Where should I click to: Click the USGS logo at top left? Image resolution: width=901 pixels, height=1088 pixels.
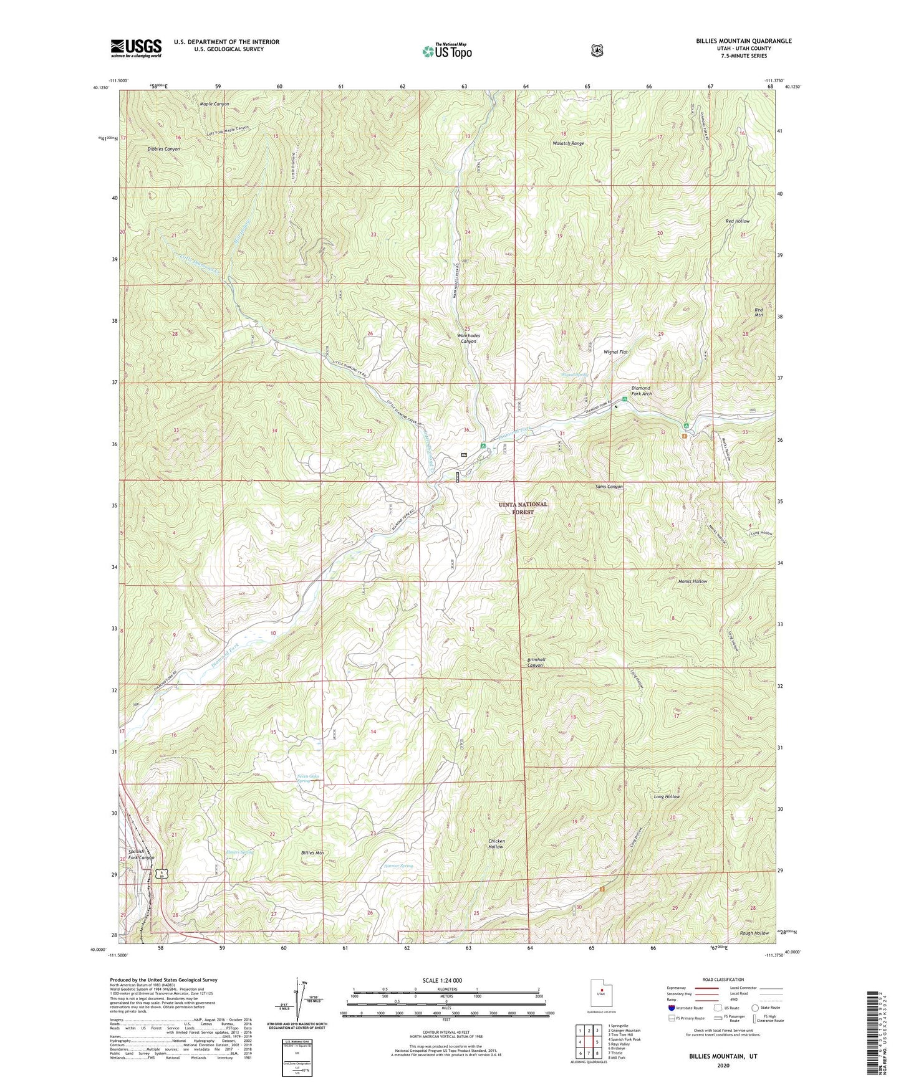136,48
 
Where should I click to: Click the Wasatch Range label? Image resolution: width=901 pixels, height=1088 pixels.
568,143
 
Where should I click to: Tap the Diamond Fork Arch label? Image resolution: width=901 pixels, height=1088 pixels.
640,391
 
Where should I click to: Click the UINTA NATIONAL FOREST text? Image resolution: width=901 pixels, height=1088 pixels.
523,508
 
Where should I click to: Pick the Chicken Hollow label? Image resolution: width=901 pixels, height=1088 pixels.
496,844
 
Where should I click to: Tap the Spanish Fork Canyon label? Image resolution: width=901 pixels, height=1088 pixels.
141,854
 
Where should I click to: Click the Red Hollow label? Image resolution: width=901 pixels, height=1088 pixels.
738,221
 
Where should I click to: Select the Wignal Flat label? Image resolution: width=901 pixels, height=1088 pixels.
615,352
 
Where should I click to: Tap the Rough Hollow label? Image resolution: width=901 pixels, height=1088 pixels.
754,933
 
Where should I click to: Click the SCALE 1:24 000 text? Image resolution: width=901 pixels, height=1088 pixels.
442,980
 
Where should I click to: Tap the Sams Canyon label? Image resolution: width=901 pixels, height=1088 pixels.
609,487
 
